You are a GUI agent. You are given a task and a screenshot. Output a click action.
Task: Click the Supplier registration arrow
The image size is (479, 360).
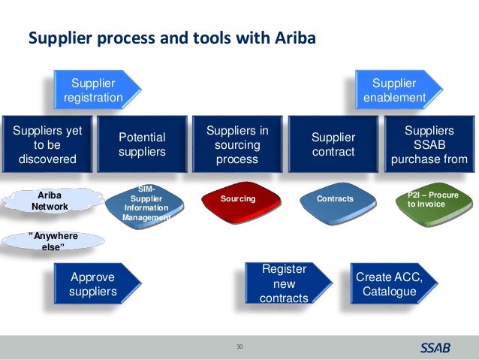[x=94, y=90]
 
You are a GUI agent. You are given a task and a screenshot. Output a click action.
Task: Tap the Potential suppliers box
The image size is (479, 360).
[x=142, y=145]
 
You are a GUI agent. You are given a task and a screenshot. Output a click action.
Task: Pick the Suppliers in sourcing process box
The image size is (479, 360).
[x=237, y=145]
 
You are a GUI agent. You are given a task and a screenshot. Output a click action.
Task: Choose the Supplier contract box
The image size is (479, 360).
[x=333, y=145]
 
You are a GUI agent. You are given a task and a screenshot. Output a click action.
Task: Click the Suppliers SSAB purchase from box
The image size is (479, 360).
[x=429, y=145]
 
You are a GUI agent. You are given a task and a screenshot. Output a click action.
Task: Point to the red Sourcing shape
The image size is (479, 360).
[x=238, y=199]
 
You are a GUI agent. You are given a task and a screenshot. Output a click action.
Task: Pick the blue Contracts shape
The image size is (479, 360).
[x=335, y=199]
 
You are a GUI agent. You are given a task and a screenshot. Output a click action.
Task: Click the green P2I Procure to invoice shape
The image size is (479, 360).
[x=431, y=199]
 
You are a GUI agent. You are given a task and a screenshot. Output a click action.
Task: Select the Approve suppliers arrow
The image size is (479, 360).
[x=94, y=283]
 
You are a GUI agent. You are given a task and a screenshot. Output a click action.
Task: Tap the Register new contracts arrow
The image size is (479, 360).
[x=284, y=284]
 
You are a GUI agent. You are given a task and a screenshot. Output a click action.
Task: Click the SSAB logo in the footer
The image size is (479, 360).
[x=432, y=348]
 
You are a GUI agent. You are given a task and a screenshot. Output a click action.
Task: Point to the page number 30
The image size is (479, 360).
[x=240, y=346]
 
